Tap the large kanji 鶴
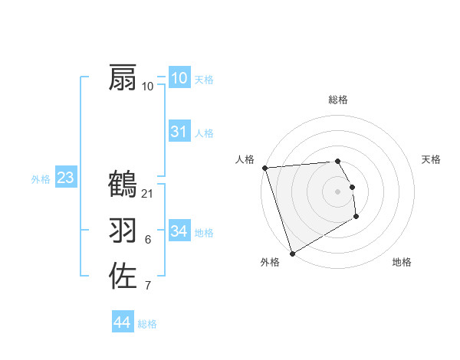click(x=123, y=184)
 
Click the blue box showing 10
click(x=179, y=77)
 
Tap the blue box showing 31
click(x=179, y=132)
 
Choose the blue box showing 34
click(x=179, y=231)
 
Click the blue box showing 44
click(x=122, y=322)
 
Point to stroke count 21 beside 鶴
click(x=148, y=193)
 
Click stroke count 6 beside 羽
click(x=148, y=240)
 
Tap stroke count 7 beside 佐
click(x=148, y=286)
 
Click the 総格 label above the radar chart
click(x=338, y=100)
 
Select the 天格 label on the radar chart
click(x=431, y=159)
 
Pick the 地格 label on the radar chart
click(x=402, y=262)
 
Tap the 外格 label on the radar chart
click(x=270, y=262)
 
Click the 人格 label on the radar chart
click(x=245, y=159)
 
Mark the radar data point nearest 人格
click(x=264, y=168)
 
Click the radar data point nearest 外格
click(x=292, y=254)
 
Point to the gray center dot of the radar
click(x=338, y=191)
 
